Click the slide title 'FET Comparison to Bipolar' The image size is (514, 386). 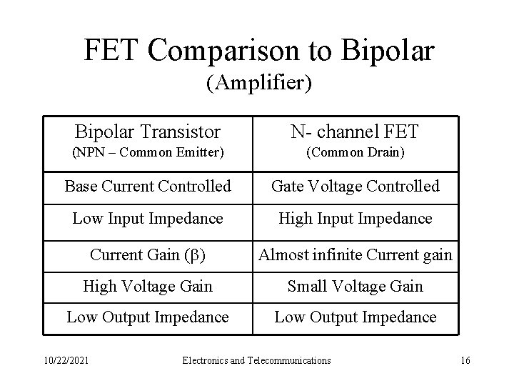click(258, 50)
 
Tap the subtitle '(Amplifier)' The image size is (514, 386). click(258, 84)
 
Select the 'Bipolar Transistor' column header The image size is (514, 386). click(148, 132)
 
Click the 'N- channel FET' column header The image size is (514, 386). click(355, 132)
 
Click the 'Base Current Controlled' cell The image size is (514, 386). click(148, 187)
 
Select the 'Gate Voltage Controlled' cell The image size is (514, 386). click(355, 187)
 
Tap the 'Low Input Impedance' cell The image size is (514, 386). click(148, 218)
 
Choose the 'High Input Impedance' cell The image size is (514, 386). click(355, 218)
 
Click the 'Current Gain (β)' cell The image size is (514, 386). click(148, 254)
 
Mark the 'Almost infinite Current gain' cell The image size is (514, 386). click(355, 254)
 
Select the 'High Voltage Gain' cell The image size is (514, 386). click(148, 286)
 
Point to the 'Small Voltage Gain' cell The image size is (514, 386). click(355, 286)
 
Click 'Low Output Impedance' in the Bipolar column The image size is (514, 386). click(148, 317)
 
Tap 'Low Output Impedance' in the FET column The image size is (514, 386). click(355, 317)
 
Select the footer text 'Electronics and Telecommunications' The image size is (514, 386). click(257, 360)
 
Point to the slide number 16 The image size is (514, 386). click(465, 360)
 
